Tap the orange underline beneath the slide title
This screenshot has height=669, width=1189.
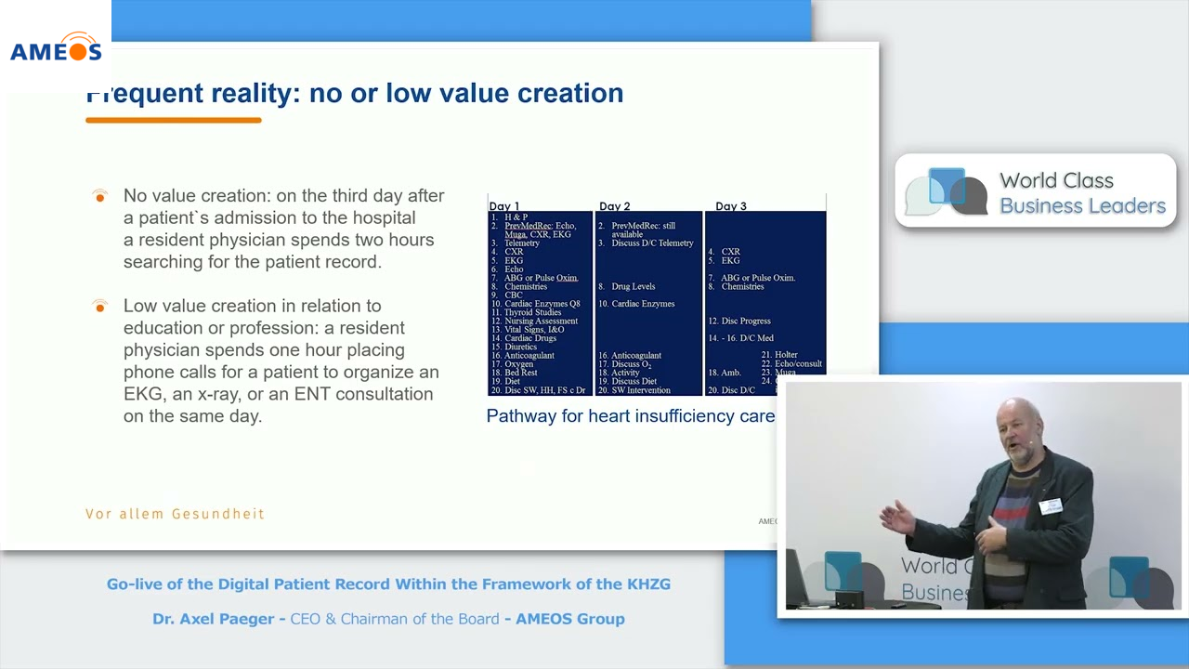tap(173, 120)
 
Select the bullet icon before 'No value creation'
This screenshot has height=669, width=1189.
tap(100, 196)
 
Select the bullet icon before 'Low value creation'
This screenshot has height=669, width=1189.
tap(100, 306)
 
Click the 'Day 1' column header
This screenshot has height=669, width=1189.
tap(504, 205)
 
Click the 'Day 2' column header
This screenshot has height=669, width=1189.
tap(615, 205)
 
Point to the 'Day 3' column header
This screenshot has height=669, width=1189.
tap(731, 205)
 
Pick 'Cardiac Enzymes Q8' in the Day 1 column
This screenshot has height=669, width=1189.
tap(542, 304)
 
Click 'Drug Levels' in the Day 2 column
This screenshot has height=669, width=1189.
tap(633, 286)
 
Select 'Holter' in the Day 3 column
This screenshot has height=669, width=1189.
tap(786, 355)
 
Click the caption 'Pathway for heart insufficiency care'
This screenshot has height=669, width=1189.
tap(631, 416)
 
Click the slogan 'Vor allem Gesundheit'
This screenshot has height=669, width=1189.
tap(175, 514)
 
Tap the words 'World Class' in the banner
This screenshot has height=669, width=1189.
tap(1056, 180)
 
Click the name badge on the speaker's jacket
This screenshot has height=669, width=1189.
tap(1051, 505)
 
